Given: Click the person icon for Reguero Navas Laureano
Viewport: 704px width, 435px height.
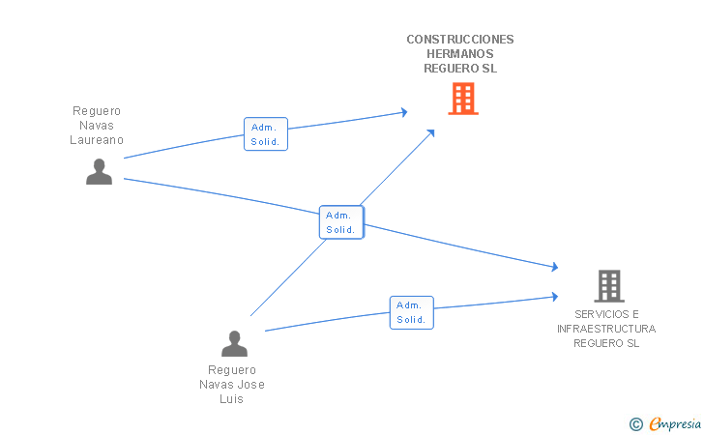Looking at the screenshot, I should [x=99, y=171].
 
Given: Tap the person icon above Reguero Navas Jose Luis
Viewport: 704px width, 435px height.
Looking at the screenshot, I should [x=234, y=343].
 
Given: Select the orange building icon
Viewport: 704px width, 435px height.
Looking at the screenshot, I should [x=463, y=98].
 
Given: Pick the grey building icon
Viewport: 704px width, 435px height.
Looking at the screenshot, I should [x=608, y=285].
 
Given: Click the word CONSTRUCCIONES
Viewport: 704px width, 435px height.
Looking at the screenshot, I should [x=460, y=40].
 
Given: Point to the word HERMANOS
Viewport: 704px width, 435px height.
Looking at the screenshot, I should [x=460, y=54].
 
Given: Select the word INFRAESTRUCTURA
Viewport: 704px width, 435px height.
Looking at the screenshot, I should [x=606, y=329].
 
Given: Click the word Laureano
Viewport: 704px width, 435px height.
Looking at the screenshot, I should [x=97, y=139].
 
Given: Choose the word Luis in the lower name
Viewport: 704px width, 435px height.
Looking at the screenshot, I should [x=232, y=399].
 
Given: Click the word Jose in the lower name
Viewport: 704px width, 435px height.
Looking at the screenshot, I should [x=250, y=385].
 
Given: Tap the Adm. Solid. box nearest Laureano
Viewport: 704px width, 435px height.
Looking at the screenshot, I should [x=265, y=133].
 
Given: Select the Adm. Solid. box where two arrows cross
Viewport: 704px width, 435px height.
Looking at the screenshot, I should [x=340, y=222].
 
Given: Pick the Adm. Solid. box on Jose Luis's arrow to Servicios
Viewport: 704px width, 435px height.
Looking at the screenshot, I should [x=411, y=312].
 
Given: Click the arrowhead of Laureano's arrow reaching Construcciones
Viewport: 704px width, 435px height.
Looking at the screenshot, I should [x=403, y=112].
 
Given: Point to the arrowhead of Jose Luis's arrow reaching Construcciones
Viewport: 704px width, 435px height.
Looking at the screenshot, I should [x=430, y=130].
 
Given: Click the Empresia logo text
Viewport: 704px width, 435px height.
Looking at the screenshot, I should [x=673, y=422].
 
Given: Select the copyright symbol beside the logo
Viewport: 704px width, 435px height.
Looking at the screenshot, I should [x=635, y=423].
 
